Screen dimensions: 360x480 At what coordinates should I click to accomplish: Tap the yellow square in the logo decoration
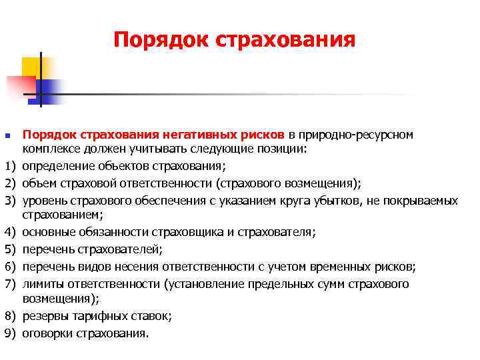pos(33,67)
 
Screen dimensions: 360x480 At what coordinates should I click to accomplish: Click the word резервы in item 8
pos(44,316)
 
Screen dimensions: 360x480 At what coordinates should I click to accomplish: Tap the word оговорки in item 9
pos(47,333)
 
